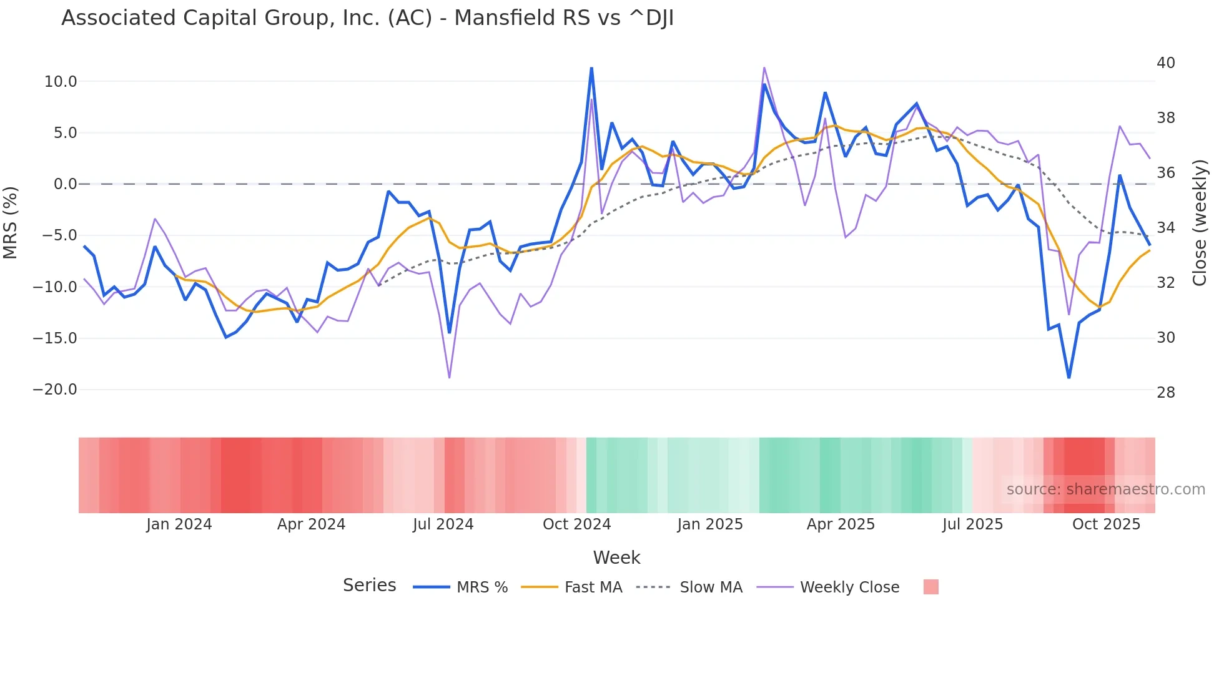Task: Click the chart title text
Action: pos(367,18)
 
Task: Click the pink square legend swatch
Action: pos(930,587)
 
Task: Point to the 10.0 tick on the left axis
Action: pos(61,82)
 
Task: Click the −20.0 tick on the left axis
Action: pos(55,390)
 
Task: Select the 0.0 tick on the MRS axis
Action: pos(65,184)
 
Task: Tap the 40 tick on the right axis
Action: pos(1165,63)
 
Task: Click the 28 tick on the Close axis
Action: pos(1165,393)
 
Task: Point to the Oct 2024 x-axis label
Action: pos(576,524)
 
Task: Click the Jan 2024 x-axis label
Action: pos(179,524)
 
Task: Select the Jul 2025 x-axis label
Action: pos(972,524)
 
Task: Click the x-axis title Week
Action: pos(616,558)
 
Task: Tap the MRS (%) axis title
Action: pos(11,222)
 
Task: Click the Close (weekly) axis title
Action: pos(1199,222)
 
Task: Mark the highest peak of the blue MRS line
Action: pos(591,68)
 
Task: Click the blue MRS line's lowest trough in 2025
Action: pos(1069,377)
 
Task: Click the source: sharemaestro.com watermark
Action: pos(1105,489)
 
